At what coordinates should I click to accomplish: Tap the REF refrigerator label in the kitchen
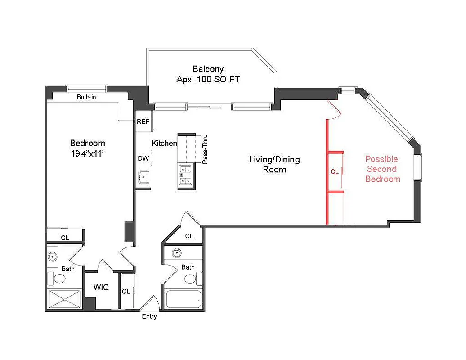(143, 122)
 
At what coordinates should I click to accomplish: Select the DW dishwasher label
(143, 158)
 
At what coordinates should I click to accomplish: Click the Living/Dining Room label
(274, 164)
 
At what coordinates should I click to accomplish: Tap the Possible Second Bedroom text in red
(382, 169)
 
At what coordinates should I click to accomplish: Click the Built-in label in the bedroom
(86, 97)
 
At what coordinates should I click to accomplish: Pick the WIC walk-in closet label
(101, 288)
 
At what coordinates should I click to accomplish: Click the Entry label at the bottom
(149, 317)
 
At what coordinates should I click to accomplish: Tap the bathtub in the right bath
(184, 298)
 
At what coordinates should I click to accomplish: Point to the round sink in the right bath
(176, 253)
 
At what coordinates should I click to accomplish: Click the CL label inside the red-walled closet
(334, 172)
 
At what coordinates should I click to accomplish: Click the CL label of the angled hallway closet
(189, 236)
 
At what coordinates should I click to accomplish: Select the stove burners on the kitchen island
(186, 175)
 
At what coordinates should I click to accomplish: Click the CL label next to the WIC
(126, 292)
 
